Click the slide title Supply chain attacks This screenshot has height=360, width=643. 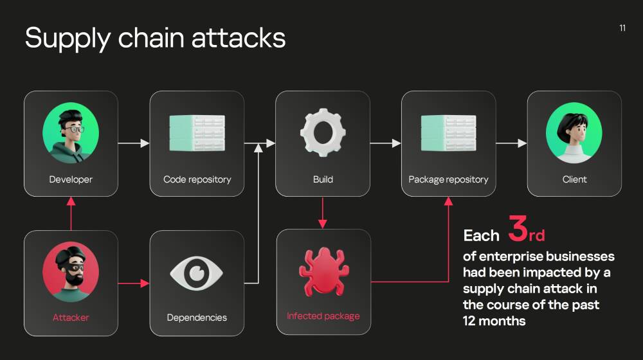[155, 39]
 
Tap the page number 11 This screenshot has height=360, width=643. [622, 28]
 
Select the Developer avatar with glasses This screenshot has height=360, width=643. [71, 132]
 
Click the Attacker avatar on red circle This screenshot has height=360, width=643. [71, 272]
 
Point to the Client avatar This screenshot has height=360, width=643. [574, 132]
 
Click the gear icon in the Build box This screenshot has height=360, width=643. [323, 132]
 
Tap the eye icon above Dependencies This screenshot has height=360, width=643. [197, 273]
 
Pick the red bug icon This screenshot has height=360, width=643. [323, 271]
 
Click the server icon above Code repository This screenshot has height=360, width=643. [197, 133]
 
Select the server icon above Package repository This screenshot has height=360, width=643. [449, 133]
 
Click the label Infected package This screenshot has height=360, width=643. [323, 316]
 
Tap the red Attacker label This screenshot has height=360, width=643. [71, 318]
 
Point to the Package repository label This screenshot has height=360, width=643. [448, 179]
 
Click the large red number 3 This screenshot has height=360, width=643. [518, 228]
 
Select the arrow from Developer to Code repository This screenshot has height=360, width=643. [134, 143]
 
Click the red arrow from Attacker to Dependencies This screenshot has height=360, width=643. [134, 283]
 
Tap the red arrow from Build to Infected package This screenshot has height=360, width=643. [323, 213]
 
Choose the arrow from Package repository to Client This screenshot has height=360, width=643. [511, 143]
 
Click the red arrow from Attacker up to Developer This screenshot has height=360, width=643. [71, 213]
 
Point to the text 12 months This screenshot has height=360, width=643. [494, 321]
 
